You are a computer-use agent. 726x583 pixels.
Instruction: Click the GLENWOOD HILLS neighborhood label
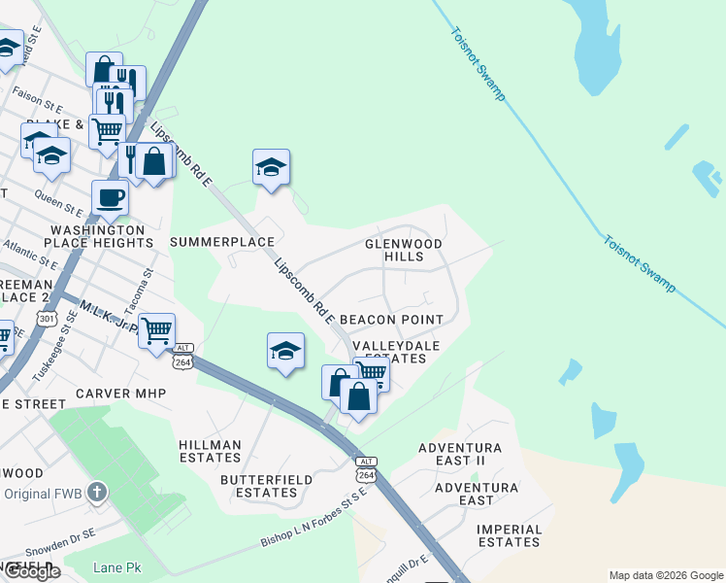pyautogui.click(x=404, y=250)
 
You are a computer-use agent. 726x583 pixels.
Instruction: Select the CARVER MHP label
pyautogui.click(x=122, y=394)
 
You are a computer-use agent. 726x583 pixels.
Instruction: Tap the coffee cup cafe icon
pyautogui.click(x=110, y=197)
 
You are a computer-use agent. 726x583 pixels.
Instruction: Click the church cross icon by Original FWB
pyautogui.click(x=95, y=493)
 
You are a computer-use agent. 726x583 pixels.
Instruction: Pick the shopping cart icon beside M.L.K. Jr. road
pyautogui.click(x=156, y=330)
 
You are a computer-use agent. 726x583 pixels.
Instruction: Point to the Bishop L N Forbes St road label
pyautogui.click(x=313, y=522)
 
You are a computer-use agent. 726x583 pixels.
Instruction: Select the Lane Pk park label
pyautogui.click(x=116, y=567)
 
